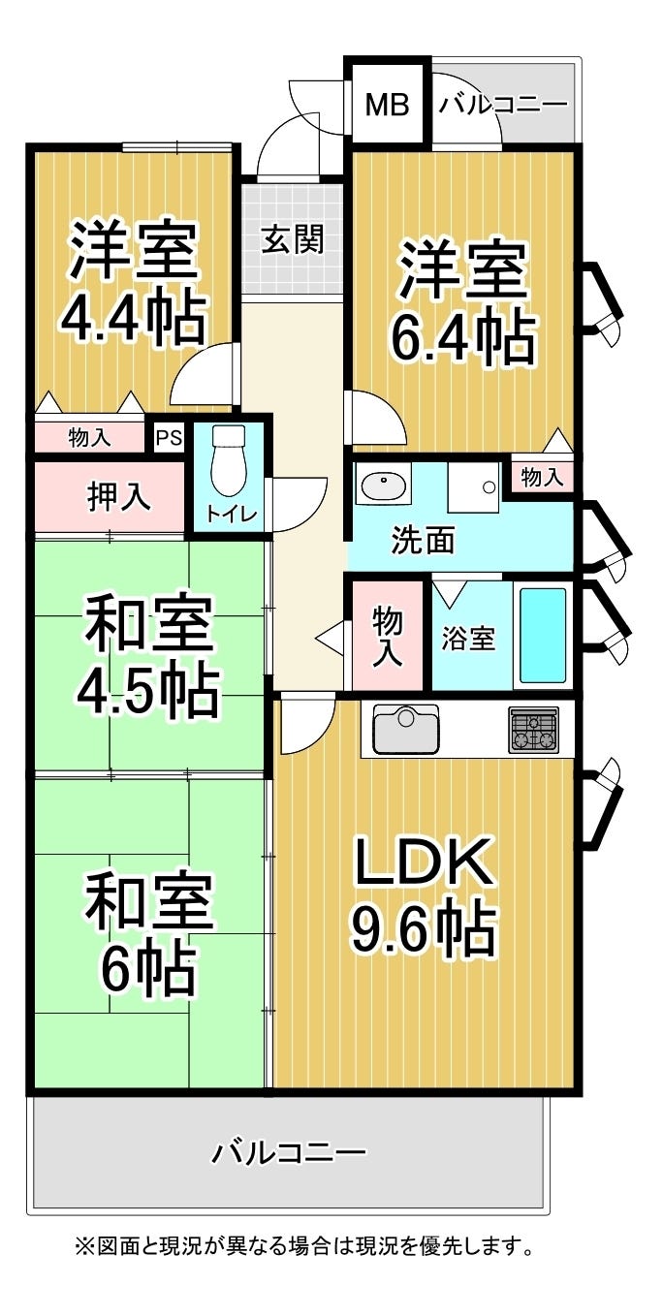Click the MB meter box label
(x=387, y=105)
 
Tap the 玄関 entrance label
(x=292, y=238)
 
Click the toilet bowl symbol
(x=229, y=460)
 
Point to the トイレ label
(x=229, y=515)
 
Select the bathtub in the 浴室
(x=543, y=635)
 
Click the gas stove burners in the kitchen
(x=533, y=730)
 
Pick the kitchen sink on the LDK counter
(x=406, y=729)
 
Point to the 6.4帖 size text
(x=462, y=334)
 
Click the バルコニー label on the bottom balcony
(x=290, y=1152)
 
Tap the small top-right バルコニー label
(x=503, y=105)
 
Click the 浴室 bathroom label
(x=469, y=639)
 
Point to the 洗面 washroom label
(x=423, y=540)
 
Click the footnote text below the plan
(x=305, y=1245)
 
